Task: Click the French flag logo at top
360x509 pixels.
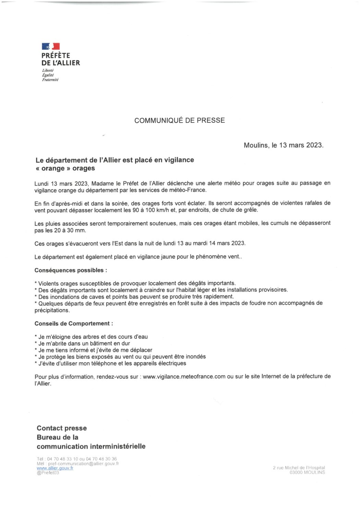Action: click(51, 46)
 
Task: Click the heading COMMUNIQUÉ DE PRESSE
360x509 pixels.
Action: click(179, 120)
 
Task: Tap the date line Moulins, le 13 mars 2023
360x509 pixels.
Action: click(283, 145)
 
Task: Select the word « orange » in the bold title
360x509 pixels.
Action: click(51, 168)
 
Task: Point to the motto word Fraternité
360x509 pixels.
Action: click(50, 80)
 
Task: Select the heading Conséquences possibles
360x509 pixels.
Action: click(71, 270)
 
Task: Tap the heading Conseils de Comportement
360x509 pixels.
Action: click(74, 324)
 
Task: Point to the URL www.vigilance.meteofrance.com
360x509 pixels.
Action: click(184, 376)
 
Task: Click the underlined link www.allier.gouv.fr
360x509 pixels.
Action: click(55, 468)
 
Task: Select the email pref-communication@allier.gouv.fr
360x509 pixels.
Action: click(83, 463)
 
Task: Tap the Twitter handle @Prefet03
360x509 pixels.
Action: click(48, 473)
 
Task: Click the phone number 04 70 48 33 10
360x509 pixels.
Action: click(63, 459)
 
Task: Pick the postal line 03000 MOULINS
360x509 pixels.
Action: click(307, 472)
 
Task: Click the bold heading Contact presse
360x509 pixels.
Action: click(62, 428)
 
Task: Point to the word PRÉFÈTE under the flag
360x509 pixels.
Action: click(56, 56)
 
